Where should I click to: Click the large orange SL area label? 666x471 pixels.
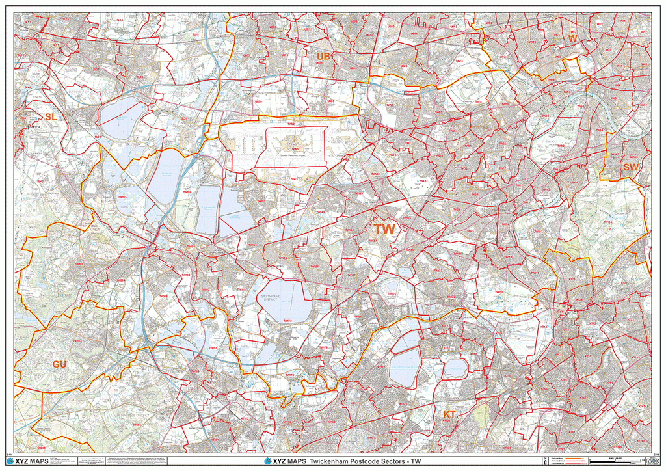[x=51, y=116]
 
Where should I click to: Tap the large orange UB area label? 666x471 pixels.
[x=323, y=57]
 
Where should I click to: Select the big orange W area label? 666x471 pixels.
[x=572, y=39]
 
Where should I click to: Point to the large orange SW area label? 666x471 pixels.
[x=630, y=167]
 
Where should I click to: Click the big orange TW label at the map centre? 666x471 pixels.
[x=384, y=229]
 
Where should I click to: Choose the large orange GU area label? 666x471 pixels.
[x=60, y=364]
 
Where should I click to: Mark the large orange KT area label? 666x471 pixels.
[x=449, y=414]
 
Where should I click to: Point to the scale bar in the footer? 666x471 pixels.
[x=618, y=461]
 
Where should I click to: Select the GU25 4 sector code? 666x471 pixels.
[x=77, y=340]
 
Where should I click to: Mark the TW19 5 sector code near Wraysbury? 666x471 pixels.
[x=122, y=196]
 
